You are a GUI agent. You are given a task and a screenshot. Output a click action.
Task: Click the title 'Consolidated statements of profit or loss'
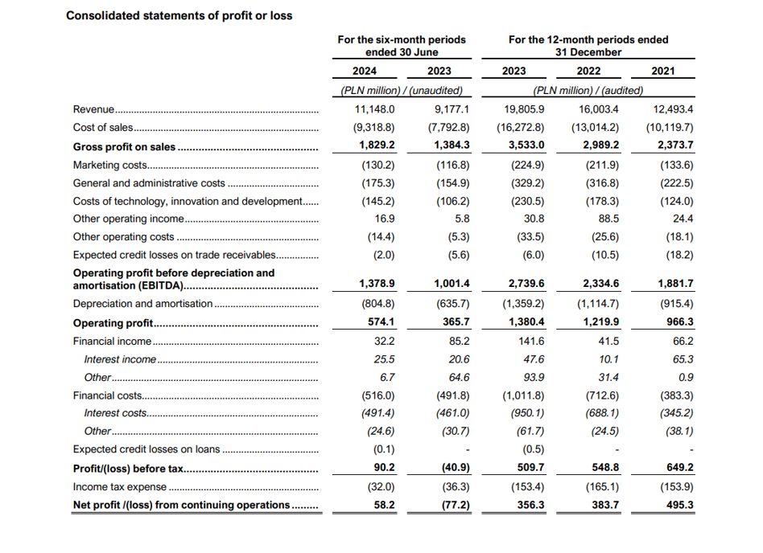179,15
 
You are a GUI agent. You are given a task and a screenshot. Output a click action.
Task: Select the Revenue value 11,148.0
374,109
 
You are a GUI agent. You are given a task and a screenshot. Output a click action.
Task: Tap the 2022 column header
588,71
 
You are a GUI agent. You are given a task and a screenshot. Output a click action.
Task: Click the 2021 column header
662,71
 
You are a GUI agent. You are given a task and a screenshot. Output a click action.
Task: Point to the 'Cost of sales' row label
103,127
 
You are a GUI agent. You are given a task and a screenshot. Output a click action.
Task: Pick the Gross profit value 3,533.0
526,145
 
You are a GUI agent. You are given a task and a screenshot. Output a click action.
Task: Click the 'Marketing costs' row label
110,166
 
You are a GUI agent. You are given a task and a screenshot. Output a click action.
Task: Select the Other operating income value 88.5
608,219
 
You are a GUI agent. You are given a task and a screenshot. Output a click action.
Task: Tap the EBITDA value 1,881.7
675,283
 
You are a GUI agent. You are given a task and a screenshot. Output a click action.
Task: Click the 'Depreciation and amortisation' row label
142,304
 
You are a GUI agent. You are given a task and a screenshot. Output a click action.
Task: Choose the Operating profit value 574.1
381,322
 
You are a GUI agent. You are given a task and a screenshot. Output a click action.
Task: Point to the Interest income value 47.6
534,359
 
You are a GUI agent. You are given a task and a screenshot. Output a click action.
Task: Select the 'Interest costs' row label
115,413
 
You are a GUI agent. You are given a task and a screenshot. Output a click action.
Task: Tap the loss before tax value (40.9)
456,468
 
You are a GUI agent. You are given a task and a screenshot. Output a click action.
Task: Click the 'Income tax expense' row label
120,487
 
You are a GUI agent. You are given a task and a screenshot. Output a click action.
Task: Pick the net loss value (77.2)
456,505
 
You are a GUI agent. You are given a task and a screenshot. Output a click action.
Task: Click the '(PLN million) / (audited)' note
588,90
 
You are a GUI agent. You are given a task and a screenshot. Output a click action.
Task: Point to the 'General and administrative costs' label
149,183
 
